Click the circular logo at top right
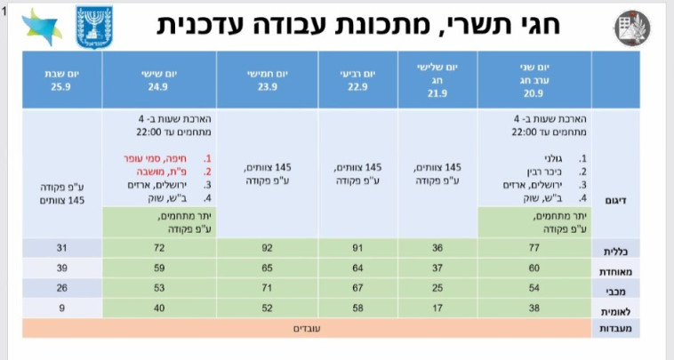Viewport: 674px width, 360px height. pyautogui.click(x=630, y=27)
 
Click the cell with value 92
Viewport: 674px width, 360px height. pyautogui.click(x=268, y=247)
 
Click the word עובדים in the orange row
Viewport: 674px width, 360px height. pyautogui.click(x=307, y=328)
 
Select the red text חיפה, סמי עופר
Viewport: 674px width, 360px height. pyautogui.click(x=162, y=157)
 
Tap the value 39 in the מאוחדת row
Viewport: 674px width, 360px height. pyautogui.click(x=61, y=268)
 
